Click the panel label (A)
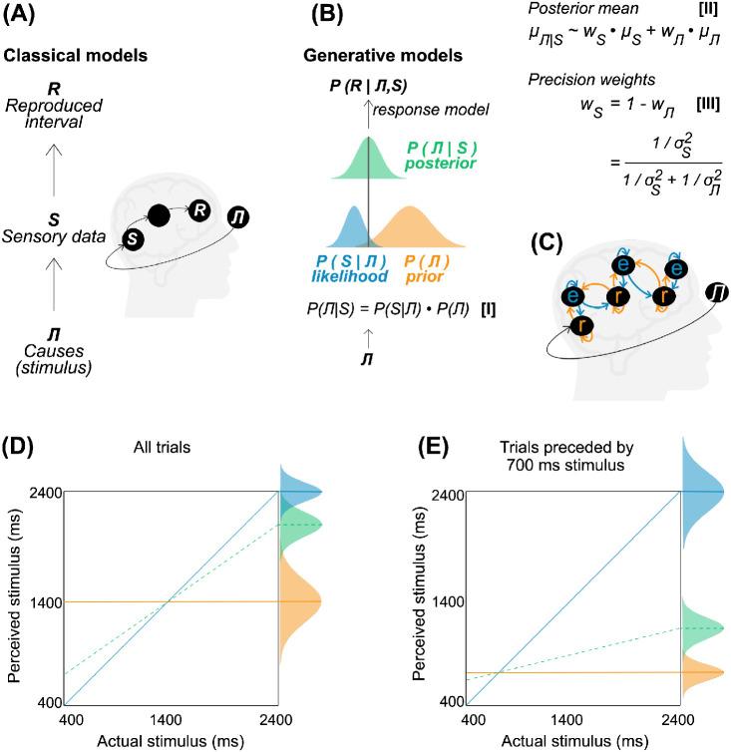[22, 17]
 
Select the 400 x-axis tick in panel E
[467, 719]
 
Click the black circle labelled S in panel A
[129, 237]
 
